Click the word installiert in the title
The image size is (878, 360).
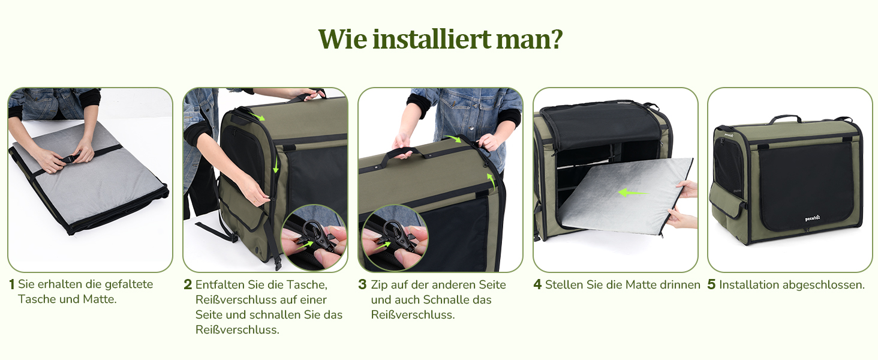pos(431,39)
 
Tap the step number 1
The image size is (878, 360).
pos(12,284)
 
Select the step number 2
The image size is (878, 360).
pos(188,285)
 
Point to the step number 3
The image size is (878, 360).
pos(363,285)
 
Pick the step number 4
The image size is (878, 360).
pos(538,285)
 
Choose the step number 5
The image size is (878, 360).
pos(712,285)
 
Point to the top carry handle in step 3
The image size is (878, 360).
pos(407,152)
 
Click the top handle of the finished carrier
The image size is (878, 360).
pos(786,118)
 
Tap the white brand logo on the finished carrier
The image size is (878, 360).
pos(812,218)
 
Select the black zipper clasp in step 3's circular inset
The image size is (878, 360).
pos(396,235)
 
